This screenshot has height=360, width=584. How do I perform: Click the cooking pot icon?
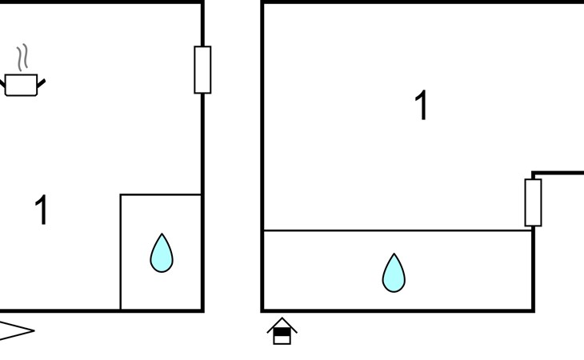click(22, 85)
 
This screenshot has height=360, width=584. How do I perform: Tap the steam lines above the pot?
click(22, 58)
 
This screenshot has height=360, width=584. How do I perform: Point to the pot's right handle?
click(41, 83)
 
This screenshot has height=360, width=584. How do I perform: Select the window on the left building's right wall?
click(202, 70)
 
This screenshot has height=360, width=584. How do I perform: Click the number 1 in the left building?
click(42, 210)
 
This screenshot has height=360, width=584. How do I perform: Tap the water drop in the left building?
click(162, 253)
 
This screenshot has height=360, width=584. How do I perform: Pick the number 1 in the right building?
click(422, 105)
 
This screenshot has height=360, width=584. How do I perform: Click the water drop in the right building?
click(394, 273)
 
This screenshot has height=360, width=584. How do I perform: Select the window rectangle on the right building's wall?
click(534, 202)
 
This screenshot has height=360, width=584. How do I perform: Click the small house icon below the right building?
click(282, 331)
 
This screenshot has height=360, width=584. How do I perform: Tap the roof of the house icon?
click(282, 323)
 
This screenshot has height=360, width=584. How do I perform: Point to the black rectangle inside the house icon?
click(282, 331)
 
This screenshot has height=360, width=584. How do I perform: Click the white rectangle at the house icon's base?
click(282, 339)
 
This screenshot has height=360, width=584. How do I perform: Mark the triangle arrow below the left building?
click(17, 330)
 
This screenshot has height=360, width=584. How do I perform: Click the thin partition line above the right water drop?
click(398, 231)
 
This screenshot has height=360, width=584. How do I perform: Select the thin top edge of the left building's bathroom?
click(161, 194)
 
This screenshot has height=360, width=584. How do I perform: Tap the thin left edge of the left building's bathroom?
click(121, 252)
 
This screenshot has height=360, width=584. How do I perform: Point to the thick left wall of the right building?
click(262, 156)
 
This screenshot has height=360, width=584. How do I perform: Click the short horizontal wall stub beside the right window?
click(558, 173)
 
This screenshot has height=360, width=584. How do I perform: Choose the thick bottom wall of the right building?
click(398, 310)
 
